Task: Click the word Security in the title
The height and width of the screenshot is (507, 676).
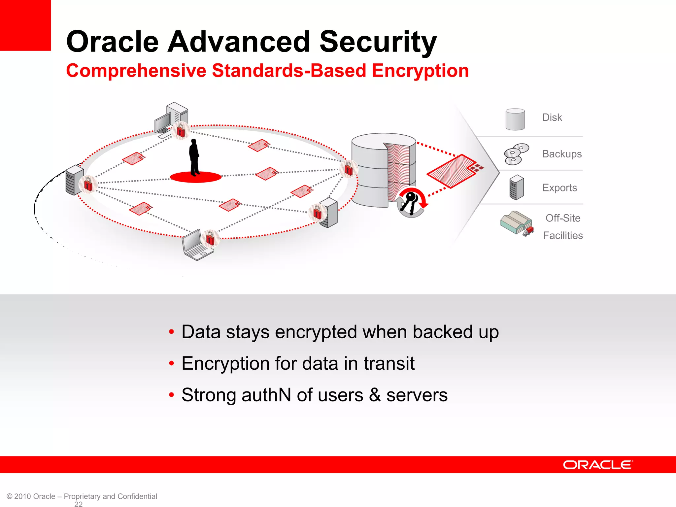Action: pos(378,42)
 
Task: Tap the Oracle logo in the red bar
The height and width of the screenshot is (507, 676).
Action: pos(598,465)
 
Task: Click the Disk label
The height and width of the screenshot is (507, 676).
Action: pos(552,118)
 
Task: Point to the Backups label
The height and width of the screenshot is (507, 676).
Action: pos(562,154)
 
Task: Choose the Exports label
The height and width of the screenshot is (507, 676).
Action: pos(559,188)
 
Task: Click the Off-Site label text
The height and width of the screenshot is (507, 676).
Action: pos(563,218)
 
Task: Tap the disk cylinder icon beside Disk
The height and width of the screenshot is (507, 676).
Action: pos(515,119)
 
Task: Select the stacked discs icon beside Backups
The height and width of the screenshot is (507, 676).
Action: pos(516,154)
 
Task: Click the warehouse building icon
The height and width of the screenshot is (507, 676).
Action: pos(516,223)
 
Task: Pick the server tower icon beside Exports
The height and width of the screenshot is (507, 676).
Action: pos(516,187)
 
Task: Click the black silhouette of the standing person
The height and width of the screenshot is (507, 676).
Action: pos(194,157)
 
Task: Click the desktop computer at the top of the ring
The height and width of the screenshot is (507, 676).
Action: pos(171,118)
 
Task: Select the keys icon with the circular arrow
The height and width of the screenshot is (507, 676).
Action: pos(411,202)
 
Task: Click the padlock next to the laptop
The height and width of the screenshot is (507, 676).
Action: pos(210,238)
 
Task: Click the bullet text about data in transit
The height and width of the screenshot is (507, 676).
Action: pos(298,363)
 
